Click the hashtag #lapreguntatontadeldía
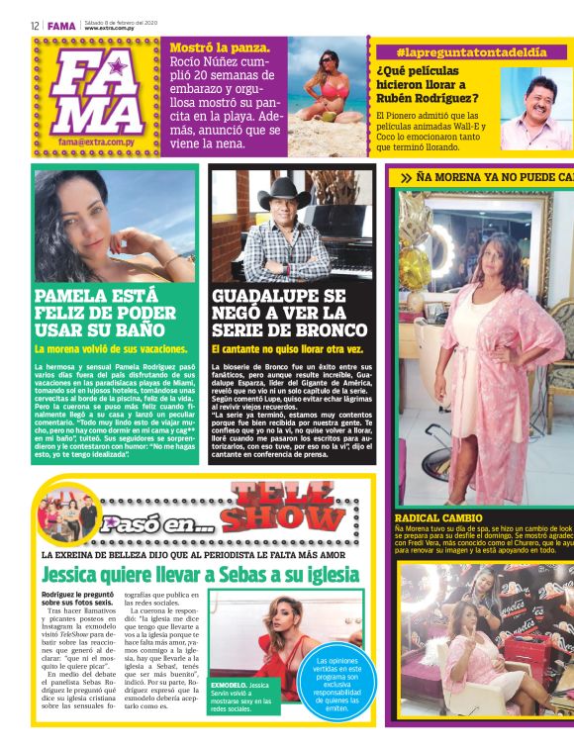(x=471, y=51)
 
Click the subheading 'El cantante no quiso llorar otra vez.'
(x=287, y=349)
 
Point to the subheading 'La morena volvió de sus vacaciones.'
(x=111, y=349)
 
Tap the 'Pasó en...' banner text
(x=158, y=524)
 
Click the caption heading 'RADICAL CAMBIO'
(x=437, y=517)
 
